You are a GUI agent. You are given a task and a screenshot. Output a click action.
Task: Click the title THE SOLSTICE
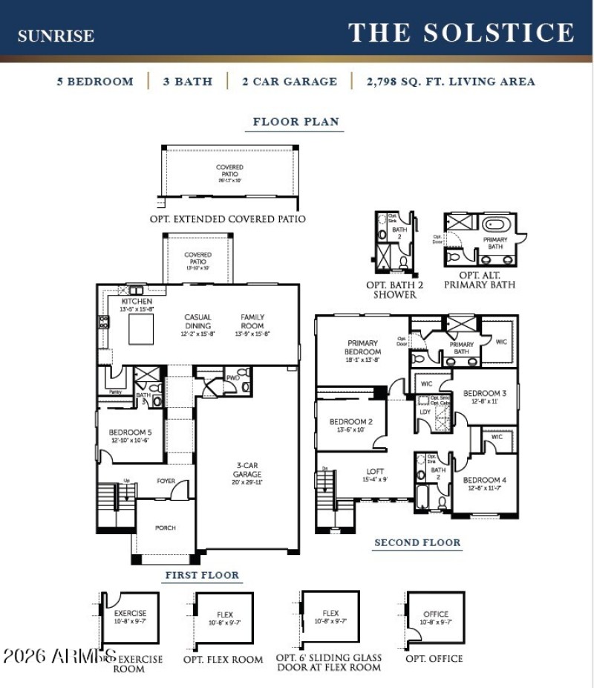tap(461, 33)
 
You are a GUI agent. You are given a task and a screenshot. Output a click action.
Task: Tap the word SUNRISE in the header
tap(56, 36)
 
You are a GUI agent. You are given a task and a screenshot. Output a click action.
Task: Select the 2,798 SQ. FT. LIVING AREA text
tap(450, 82)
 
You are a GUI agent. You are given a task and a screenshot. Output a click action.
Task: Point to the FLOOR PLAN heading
tap(296, 122)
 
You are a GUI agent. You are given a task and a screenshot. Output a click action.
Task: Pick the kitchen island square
tap(141, 329)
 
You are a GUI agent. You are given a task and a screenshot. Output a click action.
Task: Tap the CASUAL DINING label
tap(198, 322)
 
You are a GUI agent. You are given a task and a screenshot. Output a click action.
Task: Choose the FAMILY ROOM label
tap(252, 322)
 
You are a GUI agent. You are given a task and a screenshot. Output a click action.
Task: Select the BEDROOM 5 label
tap(130, 436)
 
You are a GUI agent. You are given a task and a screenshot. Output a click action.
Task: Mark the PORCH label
tap(166, 528)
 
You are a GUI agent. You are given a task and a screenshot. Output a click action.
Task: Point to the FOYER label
tap(166, 481)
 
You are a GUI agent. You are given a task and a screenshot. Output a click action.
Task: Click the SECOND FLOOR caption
tap(417, 542)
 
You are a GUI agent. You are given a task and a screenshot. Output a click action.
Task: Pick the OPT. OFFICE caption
tap(434, 658)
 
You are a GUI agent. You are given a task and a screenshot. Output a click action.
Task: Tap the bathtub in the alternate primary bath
tap(494, 224)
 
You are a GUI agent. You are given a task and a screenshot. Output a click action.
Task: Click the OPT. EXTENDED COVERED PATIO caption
tap(227, 219)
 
